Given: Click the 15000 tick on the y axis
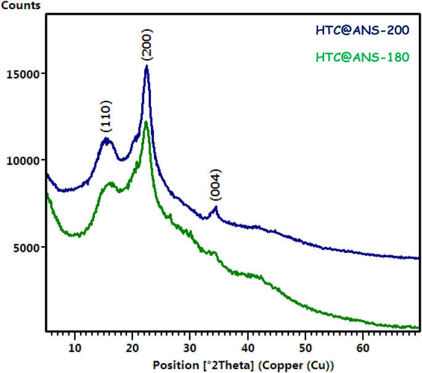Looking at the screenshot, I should [23, 74].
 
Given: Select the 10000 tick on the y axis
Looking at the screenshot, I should [23, 161].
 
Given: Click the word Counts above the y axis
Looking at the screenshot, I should [21, 6].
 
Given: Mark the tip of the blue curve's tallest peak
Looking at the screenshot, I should [147, 65].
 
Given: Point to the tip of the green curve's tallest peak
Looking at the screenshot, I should [146, 121].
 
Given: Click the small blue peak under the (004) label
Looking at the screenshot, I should [215, 207].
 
